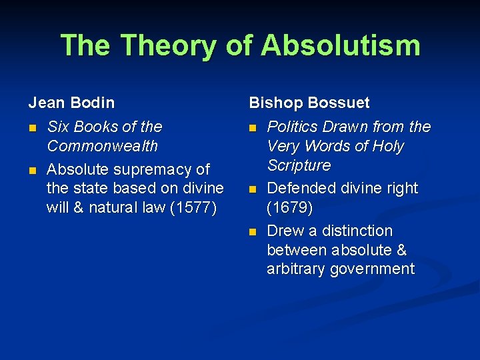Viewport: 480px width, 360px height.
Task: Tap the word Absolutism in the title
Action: tap(341, 45)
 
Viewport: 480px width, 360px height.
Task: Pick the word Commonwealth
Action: tap(102, 146)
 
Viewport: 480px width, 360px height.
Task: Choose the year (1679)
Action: tap(290, 207)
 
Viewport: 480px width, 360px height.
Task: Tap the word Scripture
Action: tap(299, 165)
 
